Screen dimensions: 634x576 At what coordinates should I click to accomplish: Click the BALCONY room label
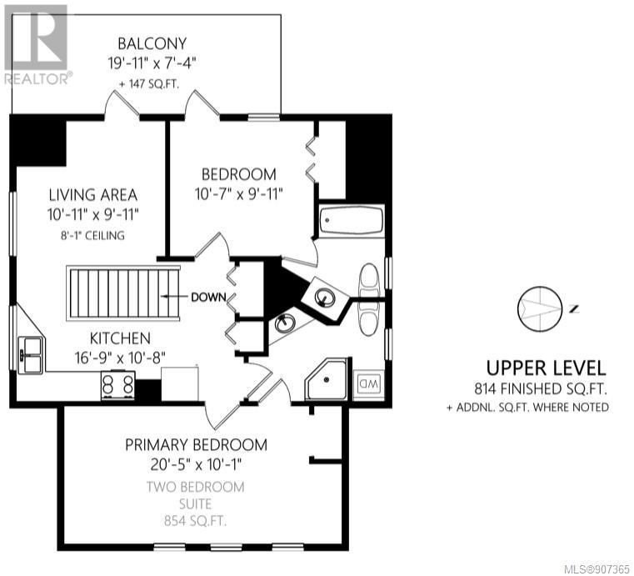pyautogui.click(x=152, y=43)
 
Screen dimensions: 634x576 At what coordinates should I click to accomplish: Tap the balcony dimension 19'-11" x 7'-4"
pyautogui.click(x=152, y=63)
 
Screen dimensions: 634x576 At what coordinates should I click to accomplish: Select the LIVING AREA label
pyautogui.click(x=93, y=195)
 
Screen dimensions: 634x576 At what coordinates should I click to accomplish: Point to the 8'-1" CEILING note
pyautogui.click(x=92, y=235)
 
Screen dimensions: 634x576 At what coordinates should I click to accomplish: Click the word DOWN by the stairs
pyautogui.click(x=208, y=298)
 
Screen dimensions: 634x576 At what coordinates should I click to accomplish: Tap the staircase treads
pyautogui.click(x=123, y=293)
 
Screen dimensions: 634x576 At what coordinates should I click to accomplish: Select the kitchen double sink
pyautogui.click(x=31, y=355)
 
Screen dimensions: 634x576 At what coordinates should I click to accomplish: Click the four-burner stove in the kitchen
pyautogui.click(x=117, y=385)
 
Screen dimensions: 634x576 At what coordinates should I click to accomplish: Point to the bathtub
pyautogui.click(x=351, y=220)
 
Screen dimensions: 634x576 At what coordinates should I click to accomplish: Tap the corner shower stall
pyautogui.click(x=326, y=379)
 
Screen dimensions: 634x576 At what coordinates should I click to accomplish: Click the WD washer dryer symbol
pyautogui.click(x=367, y=383)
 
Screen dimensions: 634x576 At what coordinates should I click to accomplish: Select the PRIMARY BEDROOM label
pyautogui.click(x=196, y=445)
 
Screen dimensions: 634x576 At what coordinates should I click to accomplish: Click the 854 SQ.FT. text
pyautogui.click(x=195, y=521)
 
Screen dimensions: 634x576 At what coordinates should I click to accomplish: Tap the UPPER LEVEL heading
pyautogui.click(x=546, y=368)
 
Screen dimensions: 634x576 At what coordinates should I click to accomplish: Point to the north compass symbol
pyautogui.click(x=540, y=309)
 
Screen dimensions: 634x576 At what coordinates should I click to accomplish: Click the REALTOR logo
pyautogui.click(x=38, y=44)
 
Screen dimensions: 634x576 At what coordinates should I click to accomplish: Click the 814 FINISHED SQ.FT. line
pyautogui.click(x=541, y=388)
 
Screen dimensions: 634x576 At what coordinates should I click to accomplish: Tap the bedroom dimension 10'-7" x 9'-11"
pyautogui.click(x=238, y=194)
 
